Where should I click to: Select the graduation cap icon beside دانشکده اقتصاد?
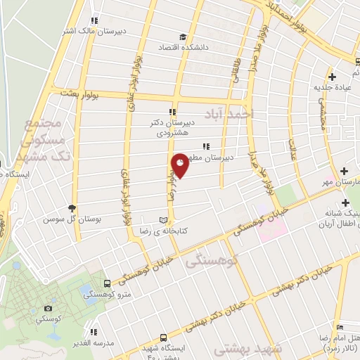coord(183,37)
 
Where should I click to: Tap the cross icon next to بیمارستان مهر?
coord(344,172)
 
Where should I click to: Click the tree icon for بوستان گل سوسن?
coord(72,208)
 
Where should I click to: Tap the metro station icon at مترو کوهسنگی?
coord(106,283)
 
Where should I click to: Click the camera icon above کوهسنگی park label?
coord(48,308)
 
